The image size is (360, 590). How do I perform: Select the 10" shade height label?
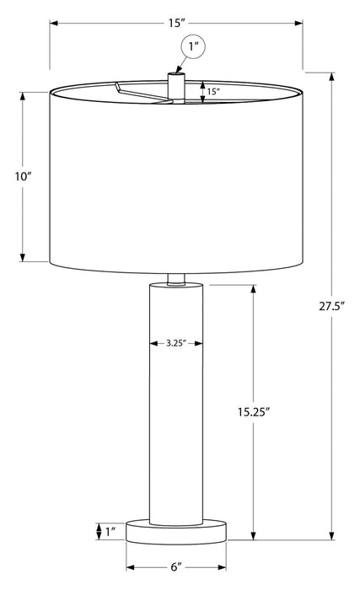tap(23, 177)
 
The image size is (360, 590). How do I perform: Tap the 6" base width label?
tap(178, 567)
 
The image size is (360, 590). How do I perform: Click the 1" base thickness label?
tap(110, 532)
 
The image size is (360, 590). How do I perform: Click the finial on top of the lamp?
tap(175, 85)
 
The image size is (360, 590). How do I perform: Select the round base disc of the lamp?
tap(178, 533)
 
